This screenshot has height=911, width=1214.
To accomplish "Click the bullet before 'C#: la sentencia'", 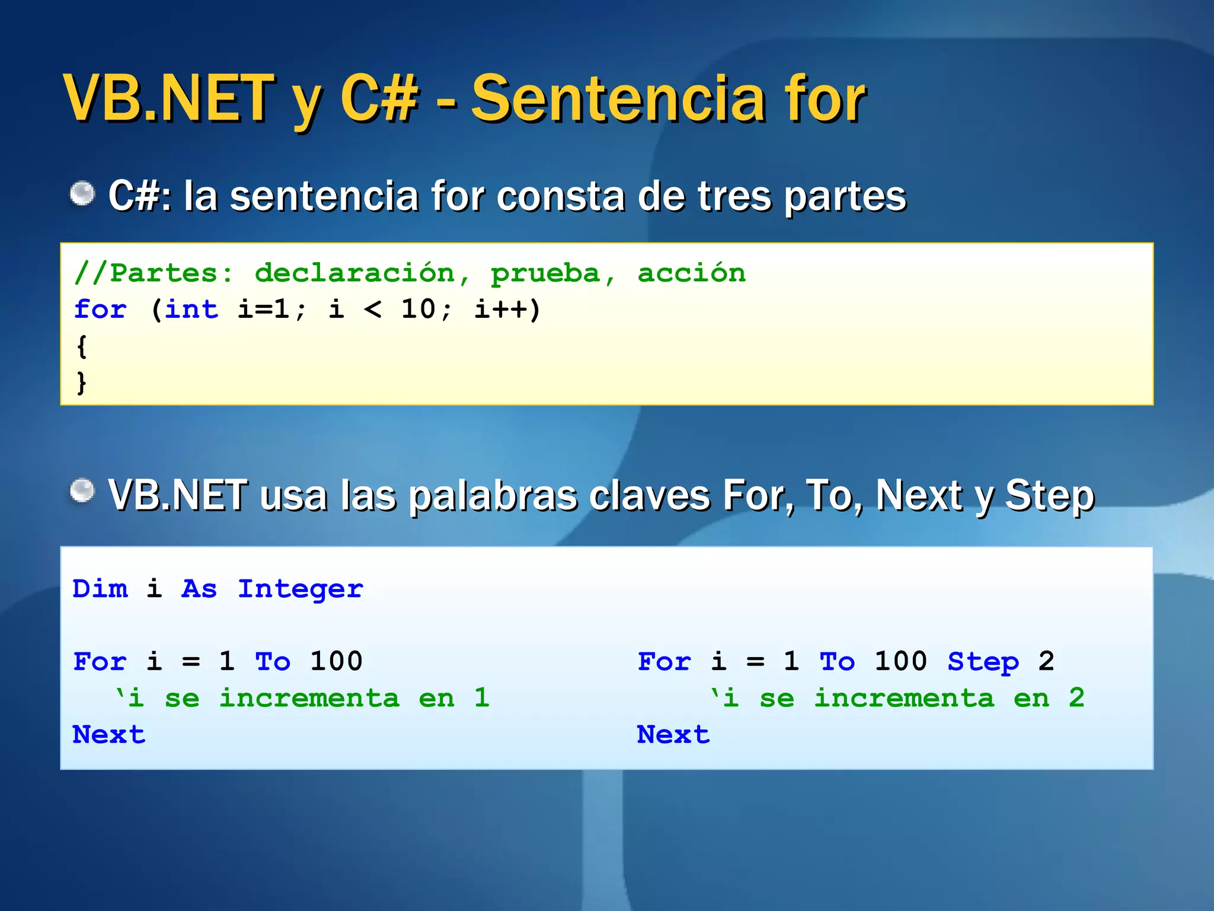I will tap(82, 193).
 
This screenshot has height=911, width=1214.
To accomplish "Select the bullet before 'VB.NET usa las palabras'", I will tap(82, 491).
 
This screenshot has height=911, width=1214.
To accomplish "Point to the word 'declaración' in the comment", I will tap(354, 273).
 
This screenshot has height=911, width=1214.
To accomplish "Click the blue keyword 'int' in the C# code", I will tap(191, 310).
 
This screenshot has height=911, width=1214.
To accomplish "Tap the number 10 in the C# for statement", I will tap(418, 310).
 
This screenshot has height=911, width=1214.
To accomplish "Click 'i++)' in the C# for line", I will tap(507, 310).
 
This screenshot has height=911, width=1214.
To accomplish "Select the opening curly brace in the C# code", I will tap(82, 346).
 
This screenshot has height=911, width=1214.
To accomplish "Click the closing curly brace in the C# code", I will tap(82, 383).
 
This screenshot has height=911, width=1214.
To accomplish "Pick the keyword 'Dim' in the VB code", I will tap(100, 589).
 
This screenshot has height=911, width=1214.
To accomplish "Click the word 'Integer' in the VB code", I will tap(301, 589).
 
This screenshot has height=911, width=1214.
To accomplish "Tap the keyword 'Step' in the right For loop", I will tap(983, 662).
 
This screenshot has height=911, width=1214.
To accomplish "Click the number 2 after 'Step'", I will tap(1046, 662).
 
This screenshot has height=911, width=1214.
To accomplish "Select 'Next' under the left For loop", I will tap(109, 735).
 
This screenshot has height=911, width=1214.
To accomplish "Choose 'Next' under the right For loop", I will tap(673, 735).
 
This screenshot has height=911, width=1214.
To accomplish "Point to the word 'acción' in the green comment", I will tap(691, 273).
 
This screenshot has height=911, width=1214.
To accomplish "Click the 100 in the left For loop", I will tap(336, 662).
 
